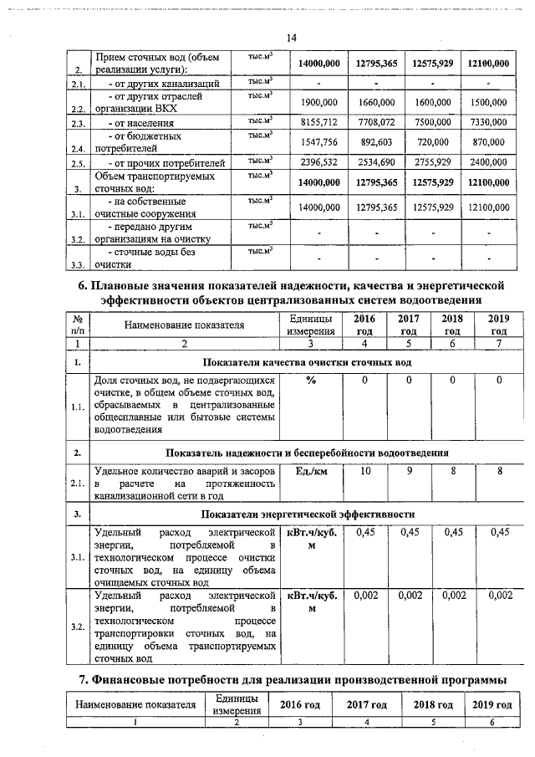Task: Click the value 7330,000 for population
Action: click(488, 122)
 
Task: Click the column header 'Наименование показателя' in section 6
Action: click(185, 325)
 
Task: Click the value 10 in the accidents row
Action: click(365, 472)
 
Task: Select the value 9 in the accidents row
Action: click(409, 472)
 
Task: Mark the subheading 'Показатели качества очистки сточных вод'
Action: click(308, 362)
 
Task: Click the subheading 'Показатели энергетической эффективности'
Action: click(308, 514)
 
